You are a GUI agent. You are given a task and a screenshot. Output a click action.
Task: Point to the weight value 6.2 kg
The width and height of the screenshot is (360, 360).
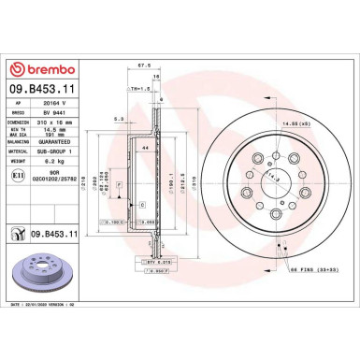59,157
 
